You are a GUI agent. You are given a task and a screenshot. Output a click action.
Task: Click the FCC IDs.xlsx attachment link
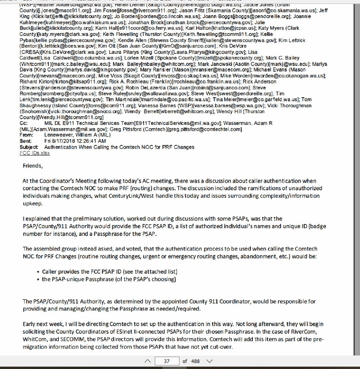pyautogui.click(x=35, y=153)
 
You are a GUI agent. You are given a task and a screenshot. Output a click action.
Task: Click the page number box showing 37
pyautogui.click(x=166, y=361)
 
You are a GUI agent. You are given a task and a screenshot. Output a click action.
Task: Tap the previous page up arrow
pyautogui.click(x=147, y=361)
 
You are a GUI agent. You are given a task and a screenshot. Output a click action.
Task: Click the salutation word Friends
pyautogui.click(x=32, y=166)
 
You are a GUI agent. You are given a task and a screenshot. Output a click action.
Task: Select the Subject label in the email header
pyautogui.click(x=29, y=147)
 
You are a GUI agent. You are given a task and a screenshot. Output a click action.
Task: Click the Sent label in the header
pyautogui.click(x=25, y=141)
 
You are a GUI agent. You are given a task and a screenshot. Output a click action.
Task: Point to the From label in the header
pyautogui.click(x=26, y=135)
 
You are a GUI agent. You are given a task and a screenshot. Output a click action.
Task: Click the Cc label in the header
pyautogui.click(x=23, y=123)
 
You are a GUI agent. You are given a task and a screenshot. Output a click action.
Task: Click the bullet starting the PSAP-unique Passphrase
pyautogui.click(x=109, y=279)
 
